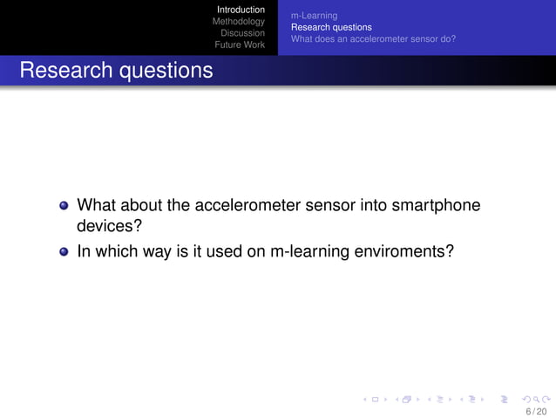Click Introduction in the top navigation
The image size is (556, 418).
tap(241, 10)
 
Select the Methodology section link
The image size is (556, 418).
tap(239, 22)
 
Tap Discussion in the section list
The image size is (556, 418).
tap(242, 33)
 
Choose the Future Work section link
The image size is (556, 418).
tap(240, 45)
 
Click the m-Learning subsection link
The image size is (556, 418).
tap(314, 16)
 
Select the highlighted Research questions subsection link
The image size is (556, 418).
tap(331, 27)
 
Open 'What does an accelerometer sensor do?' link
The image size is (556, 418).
tap(373, 38)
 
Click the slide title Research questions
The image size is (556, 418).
tap(116, 70)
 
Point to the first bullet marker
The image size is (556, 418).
tap(64, 207)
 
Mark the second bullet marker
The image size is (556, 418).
tap(64, 253)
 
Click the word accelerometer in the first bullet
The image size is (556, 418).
tap(247, 206)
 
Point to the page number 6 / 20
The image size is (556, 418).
tap(535, 410)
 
